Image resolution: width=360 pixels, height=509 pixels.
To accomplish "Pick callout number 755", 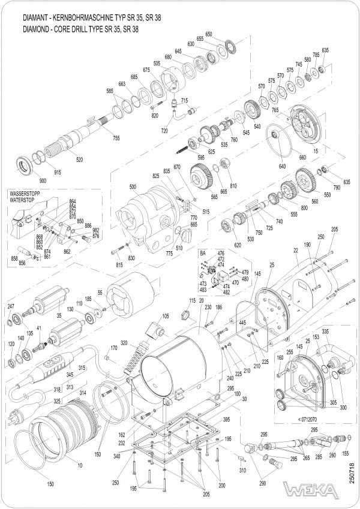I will [116, 138].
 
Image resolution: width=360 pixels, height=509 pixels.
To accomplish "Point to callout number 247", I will [10, 306].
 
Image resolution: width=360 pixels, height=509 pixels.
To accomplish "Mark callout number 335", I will [326, 332].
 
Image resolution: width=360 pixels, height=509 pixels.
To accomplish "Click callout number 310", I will [242, 470].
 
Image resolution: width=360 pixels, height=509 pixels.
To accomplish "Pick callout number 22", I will [296, 249].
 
